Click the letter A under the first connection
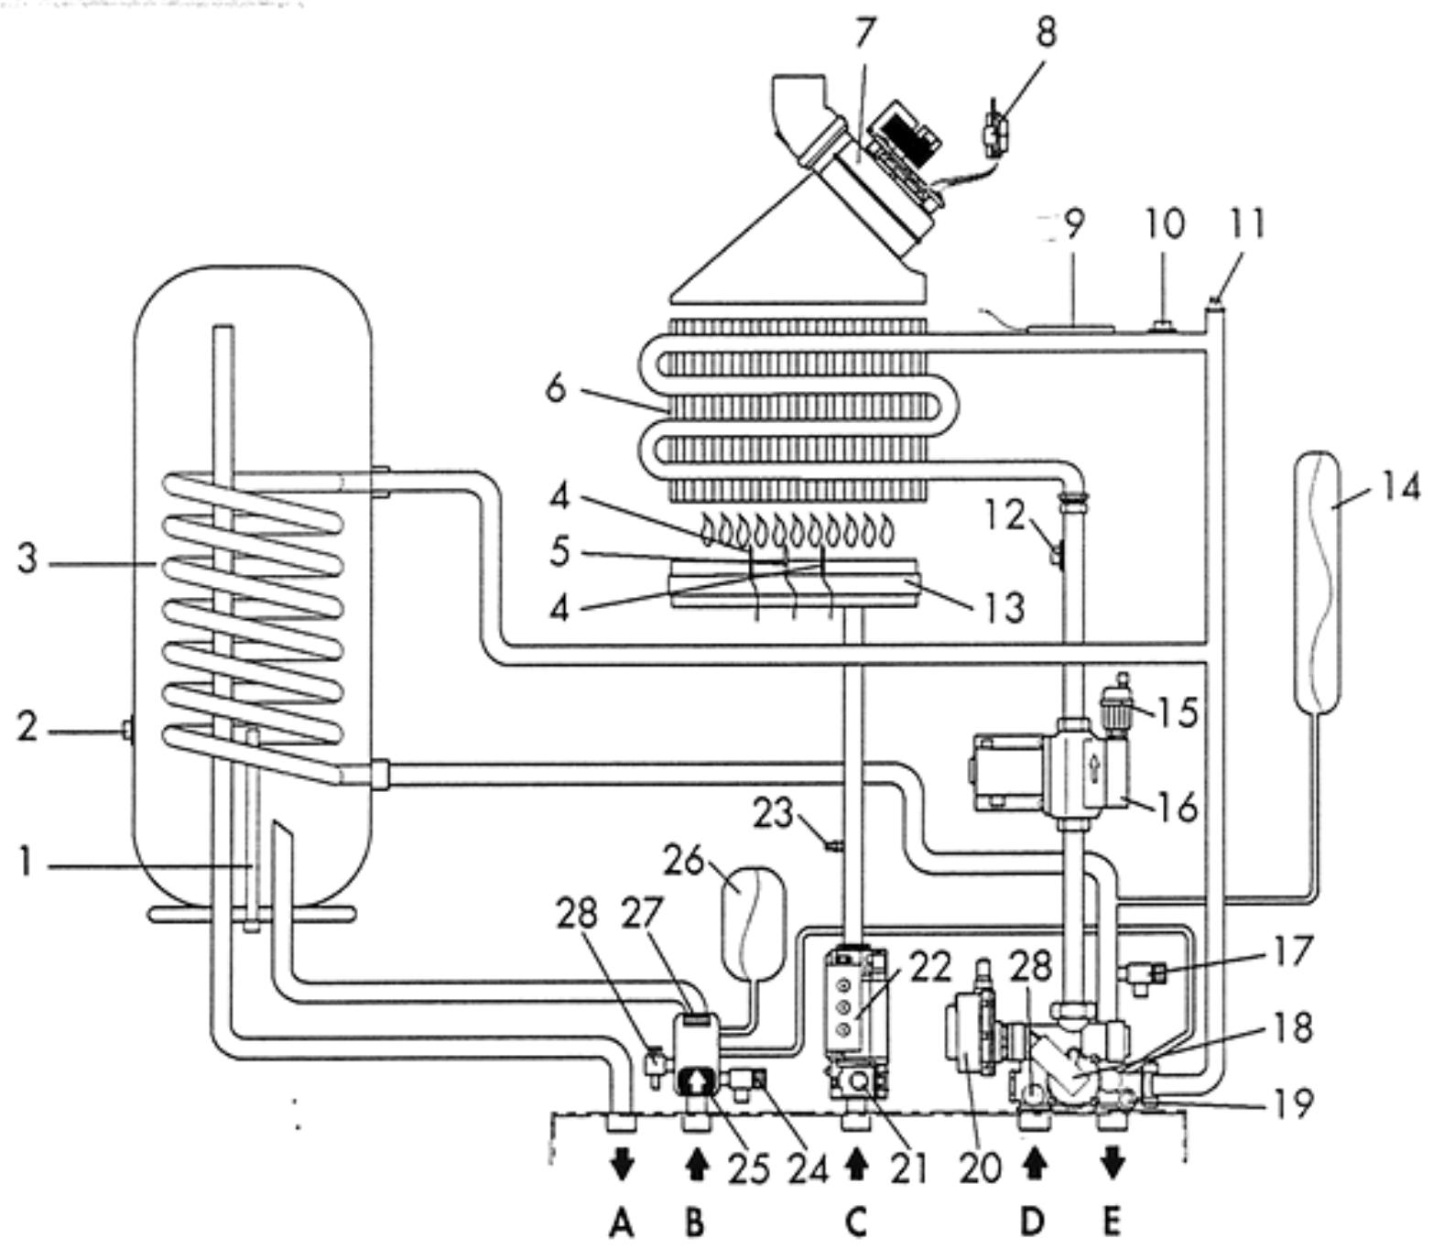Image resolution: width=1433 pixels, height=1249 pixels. (x=622, y=1222)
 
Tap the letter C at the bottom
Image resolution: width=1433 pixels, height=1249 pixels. (x=855, y=1222)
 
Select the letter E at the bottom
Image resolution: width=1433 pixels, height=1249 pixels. (x=1112, y=1222)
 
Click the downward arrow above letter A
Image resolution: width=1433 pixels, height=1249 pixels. (x=623, y=1166)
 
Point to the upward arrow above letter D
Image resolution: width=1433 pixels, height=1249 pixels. (x=1034, y=1165)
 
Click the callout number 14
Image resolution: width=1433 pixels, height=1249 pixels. (x=1400, y=487)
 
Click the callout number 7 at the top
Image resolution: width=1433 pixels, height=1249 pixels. (x=864, y=34)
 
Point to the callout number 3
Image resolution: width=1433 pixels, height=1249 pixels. (x=27, y=559)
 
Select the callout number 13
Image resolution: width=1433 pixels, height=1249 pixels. (x=1004, y=607)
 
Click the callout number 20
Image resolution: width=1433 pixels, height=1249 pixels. (x=980, y=1169)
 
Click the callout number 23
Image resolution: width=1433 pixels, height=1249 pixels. (x=772, y=812)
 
